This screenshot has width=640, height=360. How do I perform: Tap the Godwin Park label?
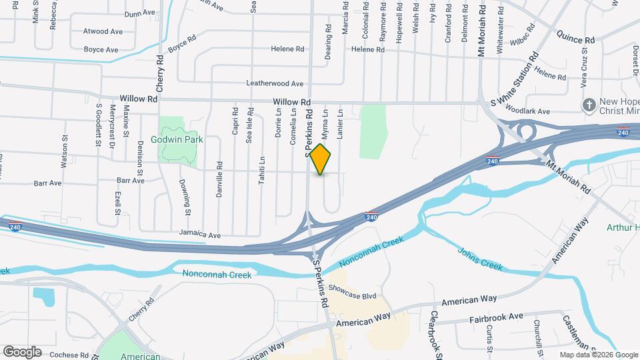tap(181, 140)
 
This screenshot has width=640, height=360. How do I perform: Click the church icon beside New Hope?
tap(589, 105)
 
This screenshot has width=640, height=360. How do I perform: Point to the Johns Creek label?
tap(480, 259)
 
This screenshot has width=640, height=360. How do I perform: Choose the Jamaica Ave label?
tap(200, 235)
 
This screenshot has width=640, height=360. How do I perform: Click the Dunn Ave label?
tap(139, 13)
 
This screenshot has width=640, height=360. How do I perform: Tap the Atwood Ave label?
tap(103, 31)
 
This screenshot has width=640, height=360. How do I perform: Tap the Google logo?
tap(22, 352)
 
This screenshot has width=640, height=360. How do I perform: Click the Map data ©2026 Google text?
tap(598, 355)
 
